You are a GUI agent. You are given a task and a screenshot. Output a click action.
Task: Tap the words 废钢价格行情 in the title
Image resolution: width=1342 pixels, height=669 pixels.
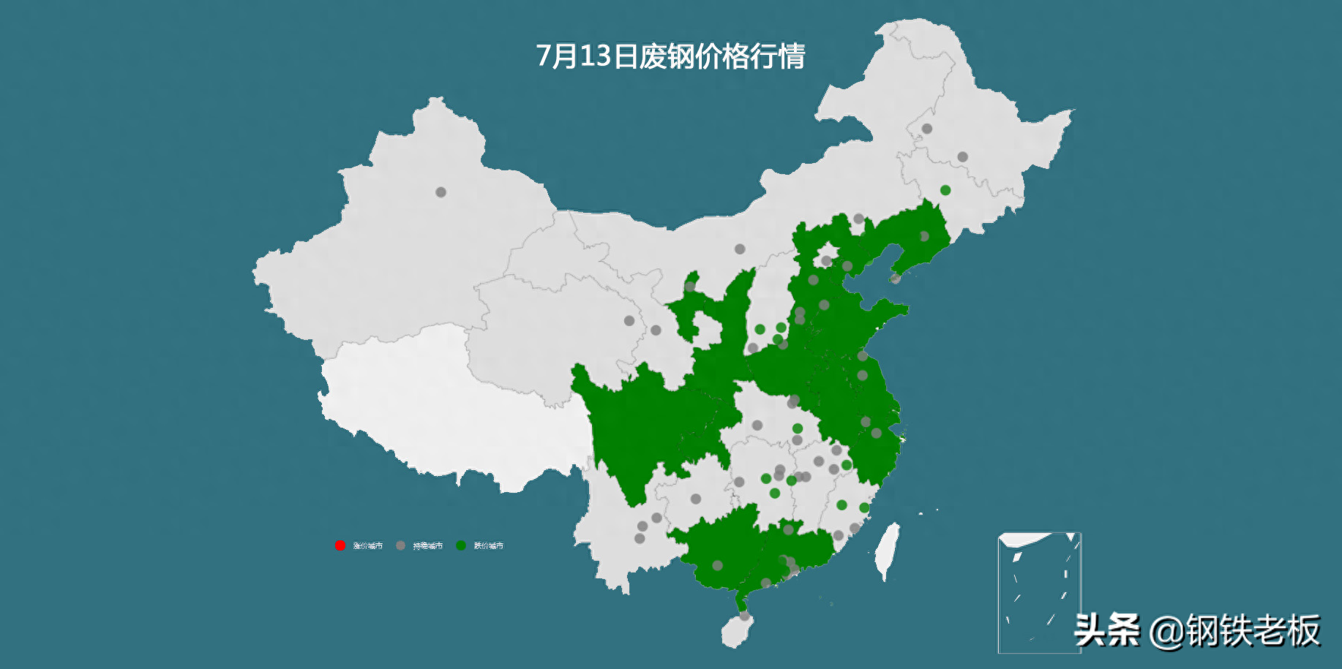pyautogui.click(x=721, y=56)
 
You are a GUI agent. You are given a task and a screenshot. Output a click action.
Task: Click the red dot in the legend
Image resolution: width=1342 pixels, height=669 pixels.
pyautogui.click(x=340, y=545)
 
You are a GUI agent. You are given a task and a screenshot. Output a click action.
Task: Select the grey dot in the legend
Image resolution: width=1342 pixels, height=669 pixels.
pyautogui.click(x=400, y=545)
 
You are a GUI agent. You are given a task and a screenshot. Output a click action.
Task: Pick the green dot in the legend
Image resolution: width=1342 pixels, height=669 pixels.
pyautogui.click(x=461, y=545)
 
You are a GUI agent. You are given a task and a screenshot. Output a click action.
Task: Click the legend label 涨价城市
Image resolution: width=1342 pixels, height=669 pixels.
pyautogui.click(x=367, y=545)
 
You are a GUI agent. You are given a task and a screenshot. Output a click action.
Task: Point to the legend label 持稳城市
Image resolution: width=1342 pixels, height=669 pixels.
pyautogui.click(x=427, y=545)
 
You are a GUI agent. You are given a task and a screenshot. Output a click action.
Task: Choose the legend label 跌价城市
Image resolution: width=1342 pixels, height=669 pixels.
pyautogui.click(x=488, y=545)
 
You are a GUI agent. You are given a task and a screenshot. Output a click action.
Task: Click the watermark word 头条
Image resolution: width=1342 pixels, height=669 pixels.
pyautogui.click(x=1107, y=630)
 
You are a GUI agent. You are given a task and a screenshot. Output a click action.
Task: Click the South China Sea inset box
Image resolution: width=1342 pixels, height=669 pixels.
pyautogui.click(x=1039, y=592)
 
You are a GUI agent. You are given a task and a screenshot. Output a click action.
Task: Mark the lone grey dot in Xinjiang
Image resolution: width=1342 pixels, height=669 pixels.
pyautogui.click(x=441, y=192)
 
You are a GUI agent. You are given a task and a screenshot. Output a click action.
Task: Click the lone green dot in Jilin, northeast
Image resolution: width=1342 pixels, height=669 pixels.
pyautogui.click(x=945, y=190)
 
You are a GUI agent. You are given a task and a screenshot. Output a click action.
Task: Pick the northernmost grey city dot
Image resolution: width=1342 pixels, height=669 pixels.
pyautogui.click(x=926, y=129)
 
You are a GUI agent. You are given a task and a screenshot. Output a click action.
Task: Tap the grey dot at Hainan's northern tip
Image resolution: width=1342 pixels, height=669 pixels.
pyautogui.click(x=744, y=616)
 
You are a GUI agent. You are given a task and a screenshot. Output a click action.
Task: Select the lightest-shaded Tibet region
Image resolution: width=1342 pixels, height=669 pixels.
pyautogui.click(x=439, y=409)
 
